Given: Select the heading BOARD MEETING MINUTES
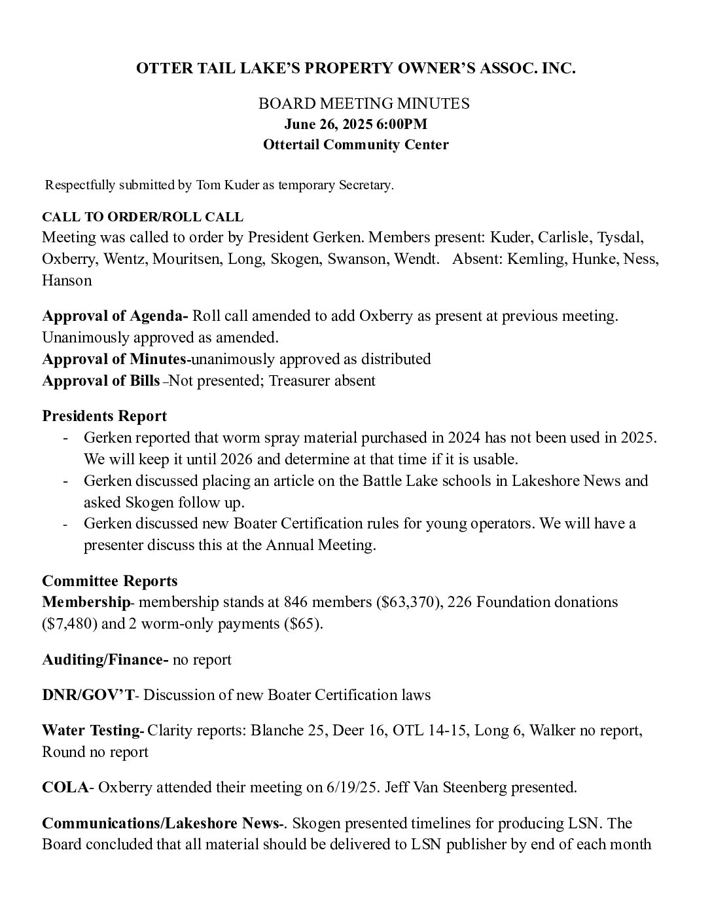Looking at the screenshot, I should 364,103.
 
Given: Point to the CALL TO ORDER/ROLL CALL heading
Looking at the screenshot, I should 143,217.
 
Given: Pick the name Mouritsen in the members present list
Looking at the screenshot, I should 188,259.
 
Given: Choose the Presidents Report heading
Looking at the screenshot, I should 104,416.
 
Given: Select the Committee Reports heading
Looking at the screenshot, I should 109,581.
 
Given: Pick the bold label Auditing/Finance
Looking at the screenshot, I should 105,659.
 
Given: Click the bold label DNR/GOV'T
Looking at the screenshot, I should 88,695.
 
